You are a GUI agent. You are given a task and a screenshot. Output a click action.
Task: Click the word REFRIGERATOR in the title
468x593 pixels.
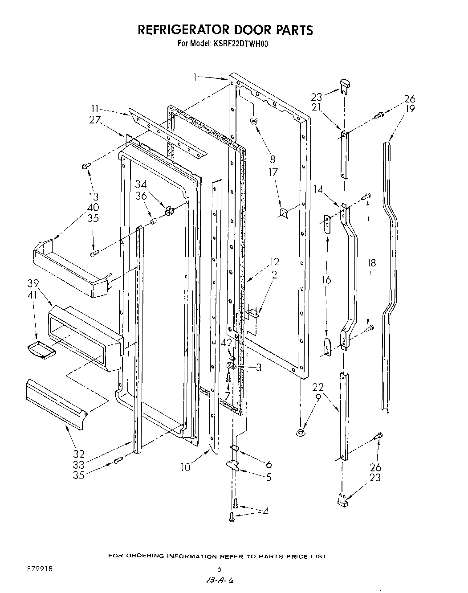183,30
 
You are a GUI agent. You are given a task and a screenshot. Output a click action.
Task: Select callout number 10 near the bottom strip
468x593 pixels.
185,467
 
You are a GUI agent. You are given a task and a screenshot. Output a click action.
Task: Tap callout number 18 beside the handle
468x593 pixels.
372,263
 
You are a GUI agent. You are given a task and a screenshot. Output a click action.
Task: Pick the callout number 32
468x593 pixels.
78,454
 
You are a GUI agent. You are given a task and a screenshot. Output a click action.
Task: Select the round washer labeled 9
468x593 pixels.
301,431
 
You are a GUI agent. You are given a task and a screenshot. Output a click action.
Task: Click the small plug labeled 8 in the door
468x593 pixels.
254,120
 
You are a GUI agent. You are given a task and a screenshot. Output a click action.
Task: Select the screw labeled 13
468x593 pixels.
86,166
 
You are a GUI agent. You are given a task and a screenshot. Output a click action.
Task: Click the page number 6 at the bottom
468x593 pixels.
219,569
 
